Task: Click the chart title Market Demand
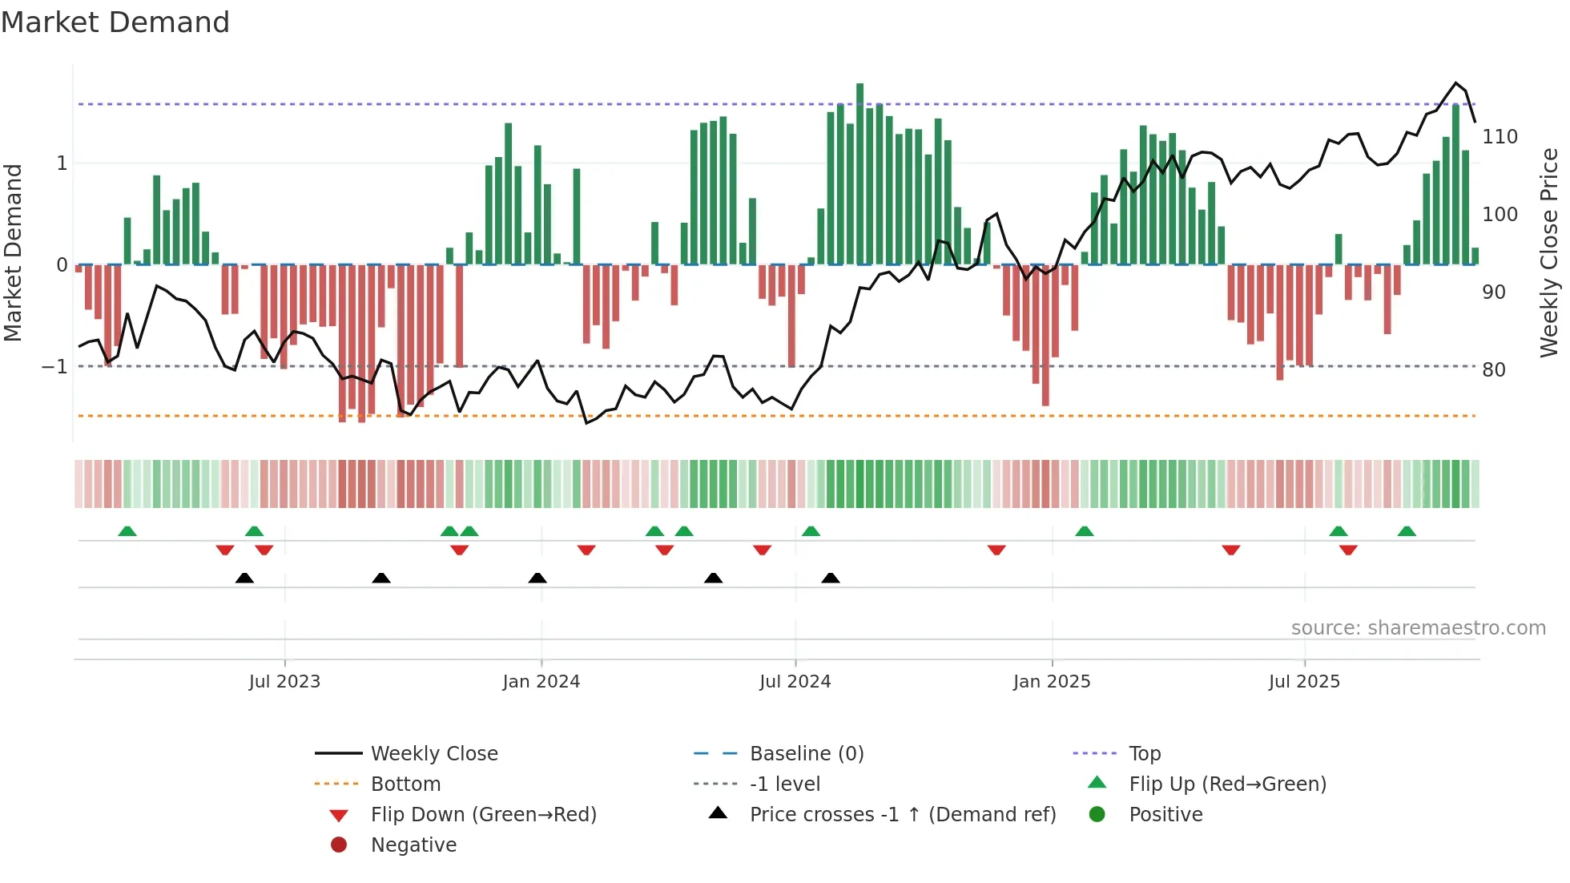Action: pos(115,22)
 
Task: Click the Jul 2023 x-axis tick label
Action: pos(284,682)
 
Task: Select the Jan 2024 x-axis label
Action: pos(541,682)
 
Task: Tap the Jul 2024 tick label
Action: pos(795,682)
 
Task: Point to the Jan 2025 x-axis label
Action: pos(1051,682)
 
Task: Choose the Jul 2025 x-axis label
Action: pos(1304,682)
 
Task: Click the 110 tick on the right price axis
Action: pos(1500,137)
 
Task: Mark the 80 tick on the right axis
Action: pos(1494,370)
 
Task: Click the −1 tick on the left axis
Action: pos(54,367)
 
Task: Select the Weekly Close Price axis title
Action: pos(1549,252)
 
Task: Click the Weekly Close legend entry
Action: pos(433,754)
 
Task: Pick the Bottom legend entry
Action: pos(405,784)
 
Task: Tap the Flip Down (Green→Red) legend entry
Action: pos(483,815)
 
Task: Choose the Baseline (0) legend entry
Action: pos(806,754)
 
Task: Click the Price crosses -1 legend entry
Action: pos(902,815)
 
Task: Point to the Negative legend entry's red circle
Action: pos(339,845)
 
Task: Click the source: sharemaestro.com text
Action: pos(1418,628)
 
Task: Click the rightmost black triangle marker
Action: pos(831,578)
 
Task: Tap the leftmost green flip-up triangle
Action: pos(127,531)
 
